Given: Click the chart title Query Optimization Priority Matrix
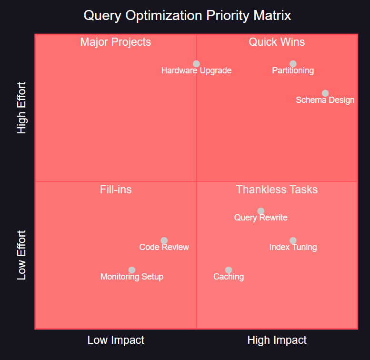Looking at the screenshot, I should [x=187, y=15].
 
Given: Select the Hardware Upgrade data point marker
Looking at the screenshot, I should [x=196, y=64].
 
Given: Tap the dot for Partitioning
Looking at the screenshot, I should [x=293, y=64].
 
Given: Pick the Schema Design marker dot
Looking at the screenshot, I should [x=325, y=93].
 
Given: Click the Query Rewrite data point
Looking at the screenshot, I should [x=260, y=211].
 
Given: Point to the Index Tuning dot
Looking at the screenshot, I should [x=293, y=240].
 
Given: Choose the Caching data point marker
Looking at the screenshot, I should [x=229, y=270].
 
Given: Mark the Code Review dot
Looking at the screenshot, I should [x=164, y=240].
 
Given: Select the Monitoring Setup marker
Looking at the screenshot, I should [x=132, y=270].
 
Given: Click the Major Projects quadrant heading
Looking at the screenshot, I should [x=116, y=42].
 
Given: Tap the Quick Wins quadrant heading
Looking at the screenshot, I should [x=277, y=42].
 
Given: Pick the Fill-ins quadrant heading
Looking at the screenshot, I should [x=116, y=190].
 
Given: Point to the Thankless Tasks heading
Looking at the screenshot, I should [x=277, y=190].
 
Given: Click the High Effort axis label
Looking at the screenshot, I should [x=22, y=108].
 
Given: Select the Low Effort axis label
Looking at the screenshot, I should [x=22, y=255].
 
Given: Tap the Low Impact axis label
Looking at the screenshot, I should [x=116, y=340].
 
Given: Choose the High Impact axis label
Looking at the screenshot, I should [x=277, y=340].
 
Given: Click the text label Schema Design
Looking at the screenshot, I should [x=325, y=100].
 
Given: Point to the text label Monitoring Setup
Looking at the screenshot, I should [x=132, y=277].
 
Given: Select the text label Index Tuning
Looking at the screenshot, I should [x=293, y=247].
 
